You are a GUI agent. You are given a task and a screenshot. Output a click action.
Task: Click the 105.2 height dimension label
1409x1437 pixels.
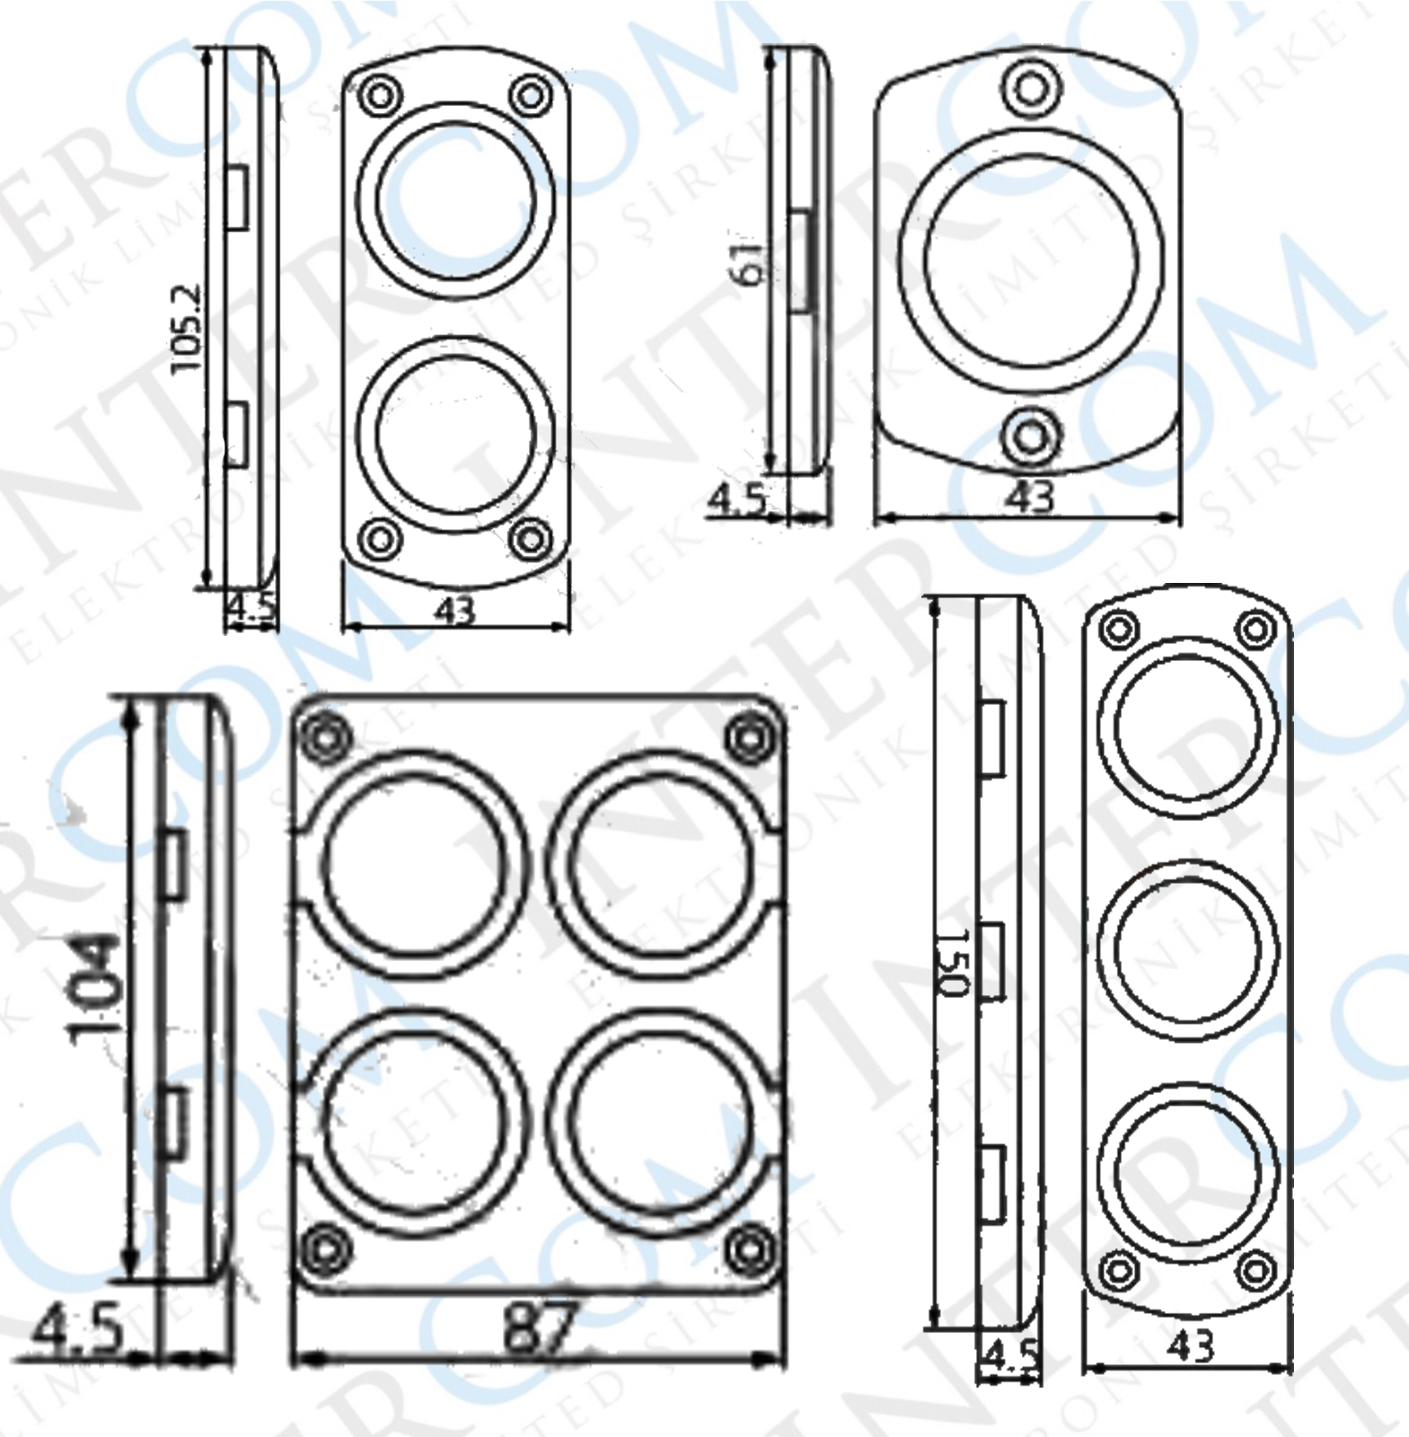186,330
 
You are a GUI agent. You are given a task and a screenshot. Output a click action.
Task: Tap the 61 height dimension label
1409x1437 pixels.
749,263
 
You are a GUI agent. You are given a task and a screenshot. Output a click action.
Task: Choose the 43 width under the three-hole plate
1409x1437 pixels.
1192,1344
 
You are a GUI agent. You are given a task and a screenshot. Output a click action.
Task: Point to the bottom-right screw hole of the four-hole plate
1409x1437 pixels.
749,1249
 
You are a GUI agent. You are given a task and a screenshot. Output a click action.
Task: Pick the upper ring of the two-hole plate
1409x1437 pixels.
456,198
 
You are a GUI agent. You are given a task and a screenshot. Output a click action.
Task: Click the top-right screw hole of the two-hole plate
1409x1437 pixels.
530,93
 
